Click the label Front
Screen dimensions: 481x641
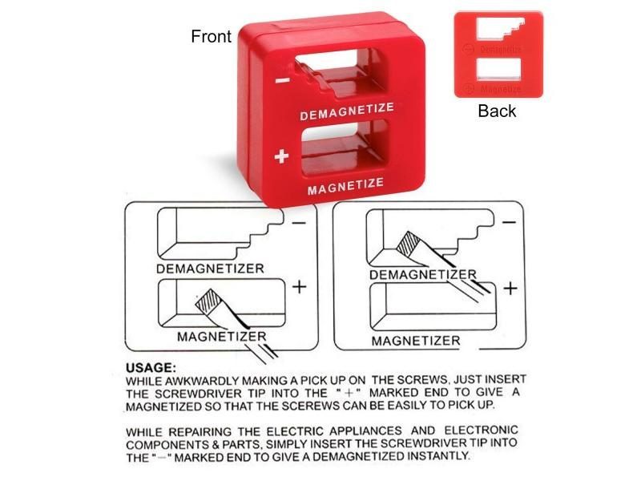(212, 36)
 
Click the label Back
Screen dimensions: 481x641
(497, 111)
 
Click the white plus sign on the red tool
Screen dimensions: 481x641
(280, 157)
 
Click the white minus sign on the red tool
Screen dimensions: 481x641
(282, 80)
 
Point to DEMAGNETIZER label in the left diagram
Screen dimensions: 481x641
(210, 269)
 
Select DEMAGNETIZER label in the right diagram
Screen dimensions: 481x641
(422, 275)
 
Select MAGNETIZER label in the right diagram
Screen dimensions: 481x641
(416, 340)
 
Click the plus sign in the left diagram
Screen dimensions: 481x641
(299, 286)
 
